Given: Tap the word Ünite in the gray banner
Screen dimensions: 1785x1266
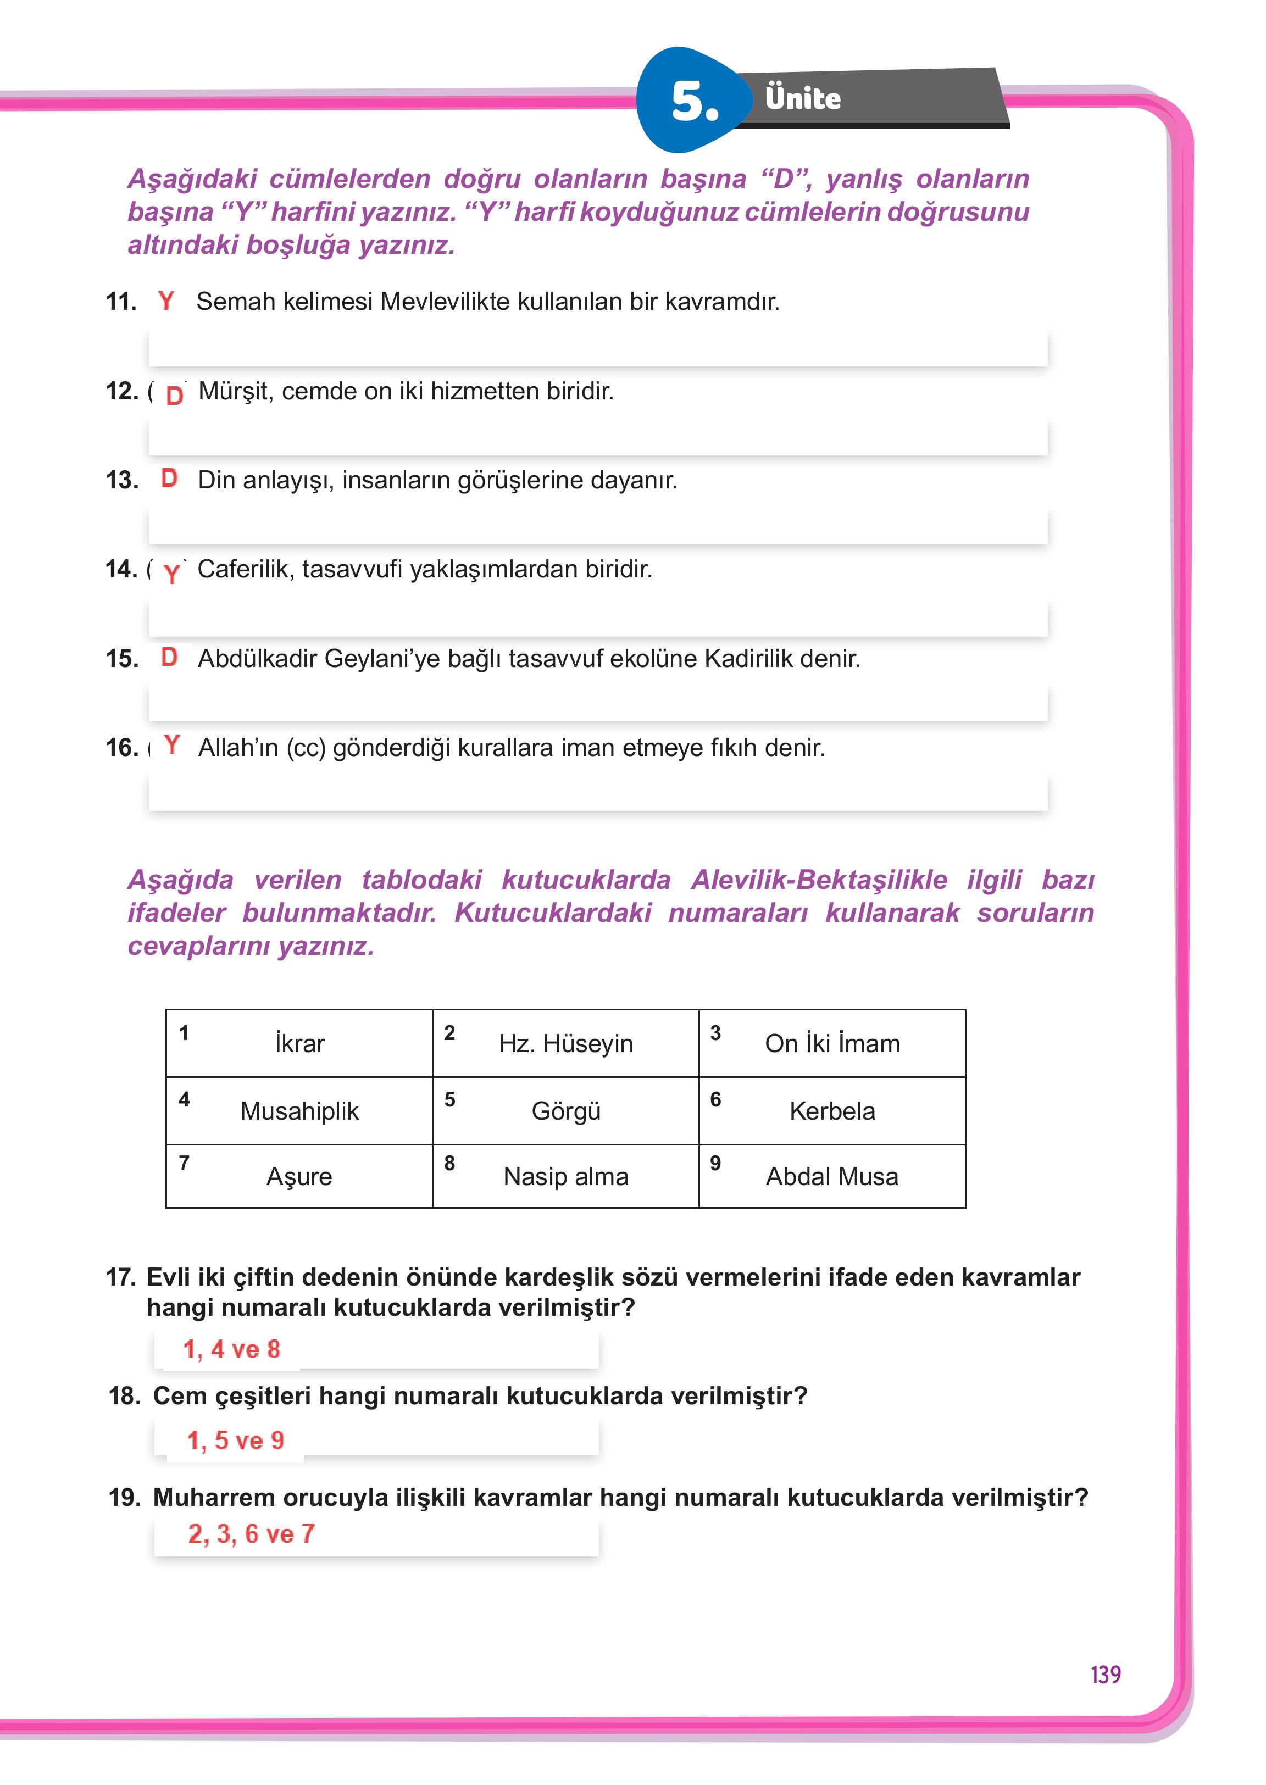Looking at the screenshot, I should pos(802,99).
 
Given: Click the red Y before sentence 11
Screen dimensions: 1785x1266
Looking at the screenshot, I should pos(166,301).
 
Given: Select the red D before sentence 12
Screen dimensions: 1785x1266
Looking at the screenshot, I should pos(175,395).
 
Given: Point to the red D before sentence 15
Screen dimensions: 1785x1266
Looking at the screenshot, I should pos(169,657).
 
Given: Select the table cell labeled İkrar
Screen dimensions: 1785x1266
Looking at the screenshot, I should pos(299,1043).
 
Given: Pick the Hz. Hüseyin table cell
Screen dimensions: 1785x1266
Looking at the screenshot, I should pos(566,1043).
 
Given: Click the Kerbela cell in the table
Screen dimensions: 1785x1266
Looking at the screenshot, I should pos(832,1111).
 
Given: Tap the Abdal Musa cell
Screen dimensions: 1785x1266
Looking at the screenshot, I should pos(832,1176).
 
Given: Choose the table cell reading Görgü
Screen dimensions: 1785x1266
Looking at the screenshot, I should pos(566,1111).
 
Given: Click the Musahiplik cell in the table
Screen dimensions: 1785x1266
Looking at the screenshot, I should pos(299,1111).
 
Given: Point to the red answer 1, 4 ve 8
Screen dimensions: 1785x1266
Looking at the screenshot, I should pos(231,1349).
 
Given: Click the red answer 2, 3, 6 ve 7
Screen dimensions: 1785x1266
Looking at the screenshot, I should pos(251,1534).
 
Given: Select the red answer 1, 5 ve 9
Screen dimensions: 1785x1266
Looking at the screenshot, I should pos(235,1441).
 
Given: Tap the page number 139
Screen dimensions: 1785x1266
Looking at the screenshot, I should pos(1106,1675).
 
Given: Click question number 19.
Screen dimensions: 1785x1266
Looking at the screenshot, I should pos(125,1497).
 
